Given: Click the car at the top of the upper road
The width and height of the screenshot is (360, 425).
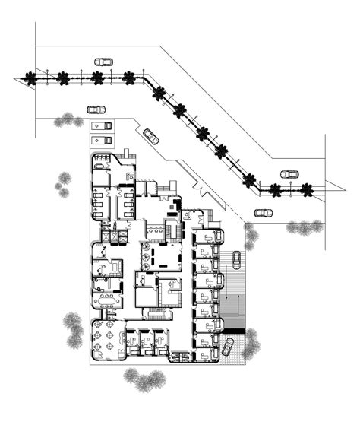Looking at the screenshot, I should [x=103, y=62].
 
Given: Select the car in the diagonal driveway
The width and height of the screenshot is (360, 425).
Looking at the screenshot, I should [x=151, y=136].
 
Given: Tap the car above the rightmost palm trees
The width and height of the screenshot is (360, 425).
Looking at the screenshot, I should [x=289, y=173].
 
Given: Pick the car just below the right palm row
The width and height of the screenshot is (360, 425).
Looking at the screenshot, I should [x=264, y=212].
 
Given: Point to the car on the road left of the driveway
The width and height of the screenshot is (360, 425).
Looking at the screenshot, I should [x=95, y=109].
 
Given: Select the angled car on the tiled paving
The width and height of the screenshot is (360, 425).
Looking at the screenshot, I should [x=227, y=347].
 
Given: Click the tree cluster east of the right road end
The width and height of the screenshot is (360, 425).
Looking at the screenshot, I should [x=304, y=227].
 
